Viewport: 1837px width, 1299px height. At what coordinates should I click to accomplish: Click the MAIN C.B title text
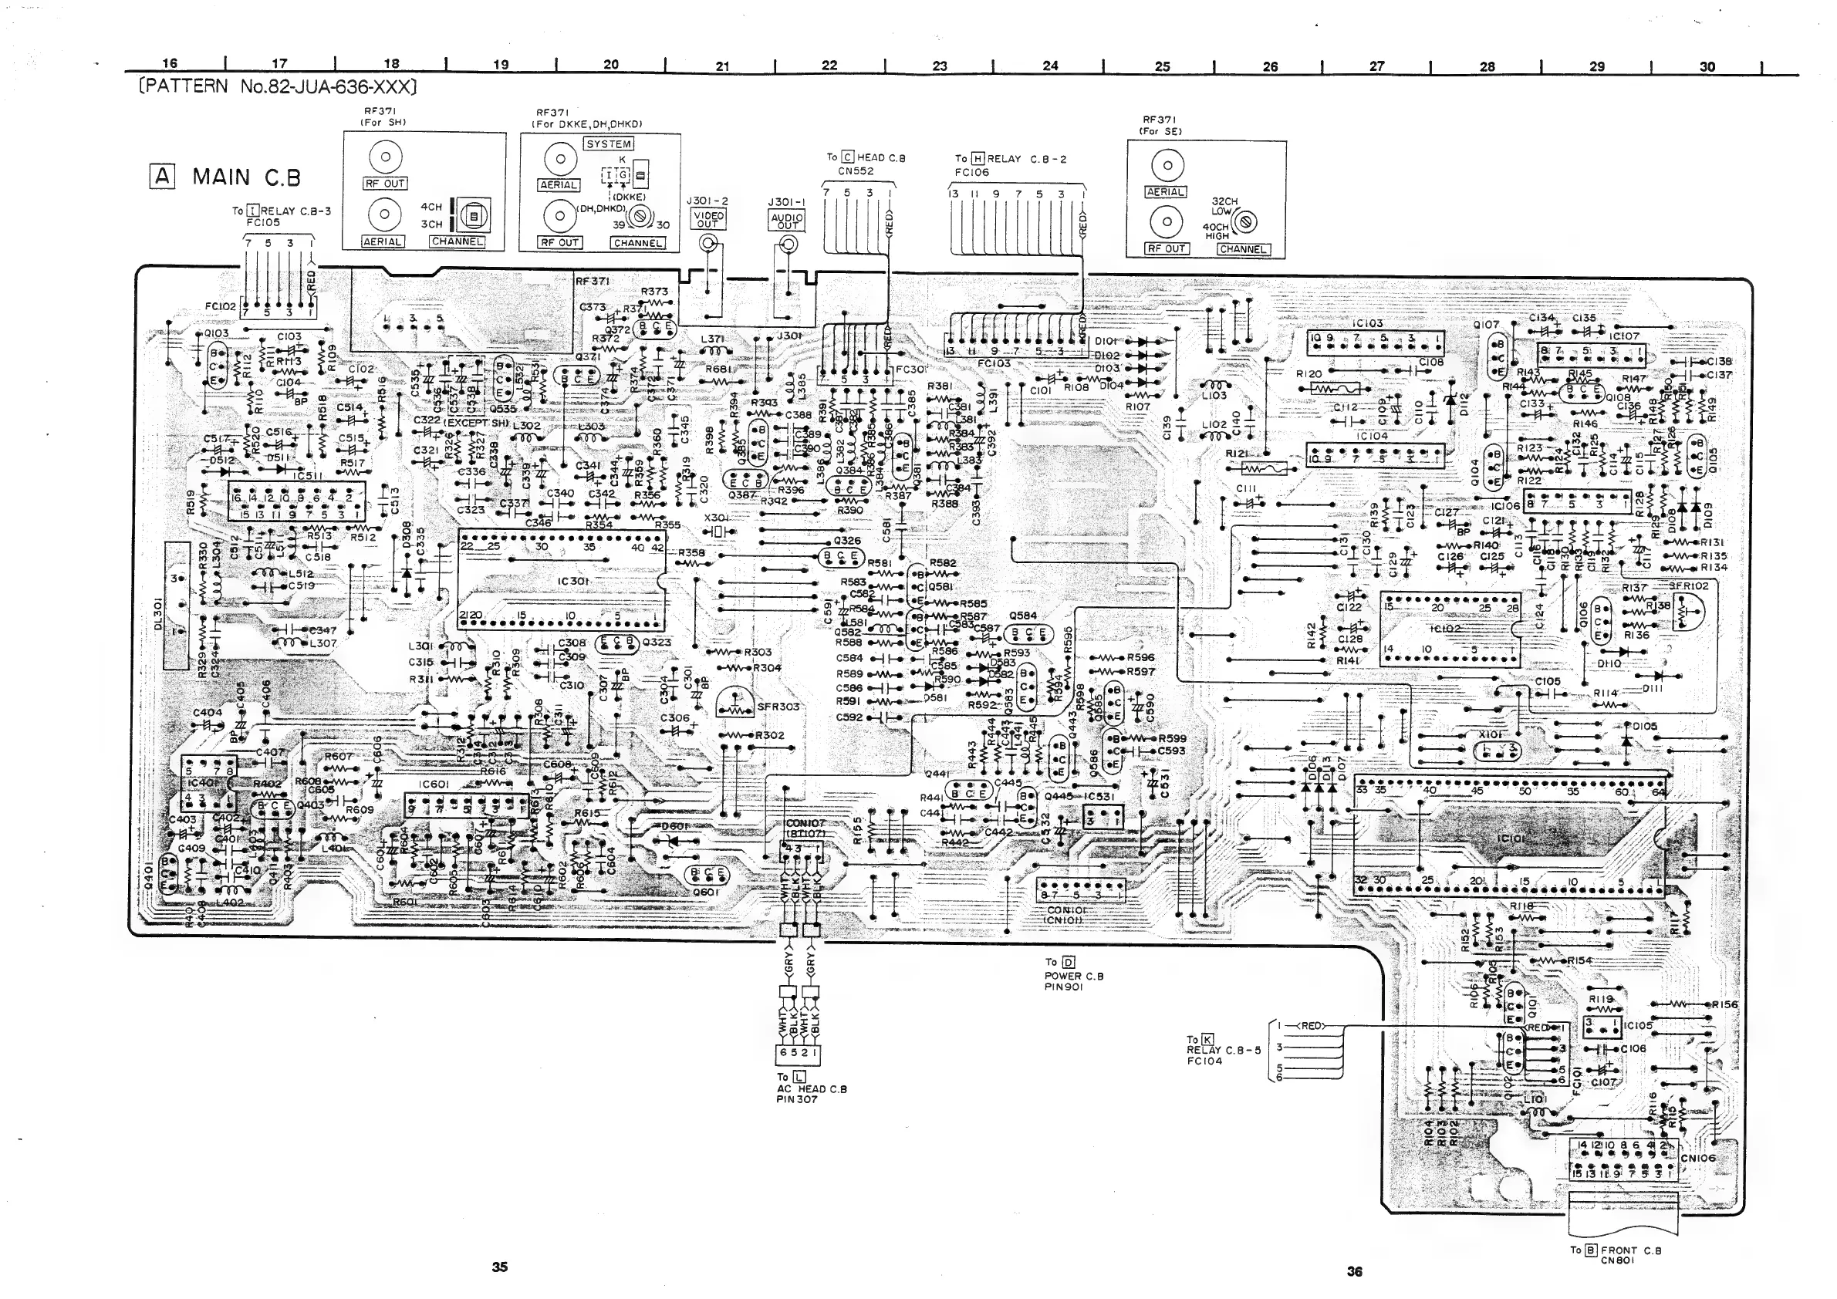coord(246,177)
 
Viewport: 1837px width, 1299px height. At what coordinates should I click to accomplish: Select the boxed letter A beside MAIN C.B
coord(163,176)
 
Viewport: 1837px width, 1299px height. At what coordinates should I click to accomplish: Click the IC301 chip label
coord(573,581)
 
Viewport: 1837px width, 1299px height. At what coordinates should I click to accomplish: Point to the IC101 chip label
coord(1511,841)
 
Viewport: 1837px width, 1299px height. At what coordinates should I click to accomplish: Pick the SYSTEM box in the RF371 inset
coord(609,144)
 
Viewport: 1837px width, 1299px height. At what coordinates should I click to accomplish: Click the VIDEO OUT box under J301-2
coord(708,219)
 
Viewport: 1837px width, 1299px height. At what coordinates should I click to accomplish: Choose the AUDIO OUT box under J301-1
coord(787,221)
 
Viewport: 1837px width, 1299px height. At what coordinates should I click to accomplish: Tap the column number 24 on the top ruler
coord(1051,66)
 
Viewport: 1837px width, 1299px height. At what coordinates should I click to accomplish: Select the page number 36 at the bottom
coord(1354,1272)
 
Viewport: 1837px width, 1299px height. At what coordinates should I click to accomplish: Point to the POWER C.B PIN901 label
coord(1073,981)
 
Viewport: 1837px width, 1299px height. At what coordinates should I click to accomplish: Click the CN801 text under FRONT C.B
coord(1617,1260)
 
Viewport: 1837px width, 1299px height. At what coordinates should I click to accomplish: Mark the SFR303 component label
coord(778,707)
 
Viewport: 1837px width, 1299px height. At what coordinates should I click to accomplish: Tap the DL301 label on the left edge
coord(158,613)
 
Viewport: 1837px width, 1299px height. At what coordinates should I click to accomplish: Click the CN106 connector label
coord(1698,1158)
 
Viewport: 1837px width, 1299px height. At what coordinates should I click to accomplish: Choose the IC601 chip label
coord(434,784)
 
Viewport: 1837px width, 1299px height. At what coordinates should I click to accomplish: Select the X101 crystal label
coord(1490,734)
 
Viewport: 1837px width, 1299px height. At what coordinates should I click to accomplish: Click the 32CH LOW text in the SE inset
coord(1224,207)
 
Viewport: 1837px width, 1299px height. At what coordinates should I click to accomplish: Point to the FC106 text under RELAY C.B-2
coord(971,172)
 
